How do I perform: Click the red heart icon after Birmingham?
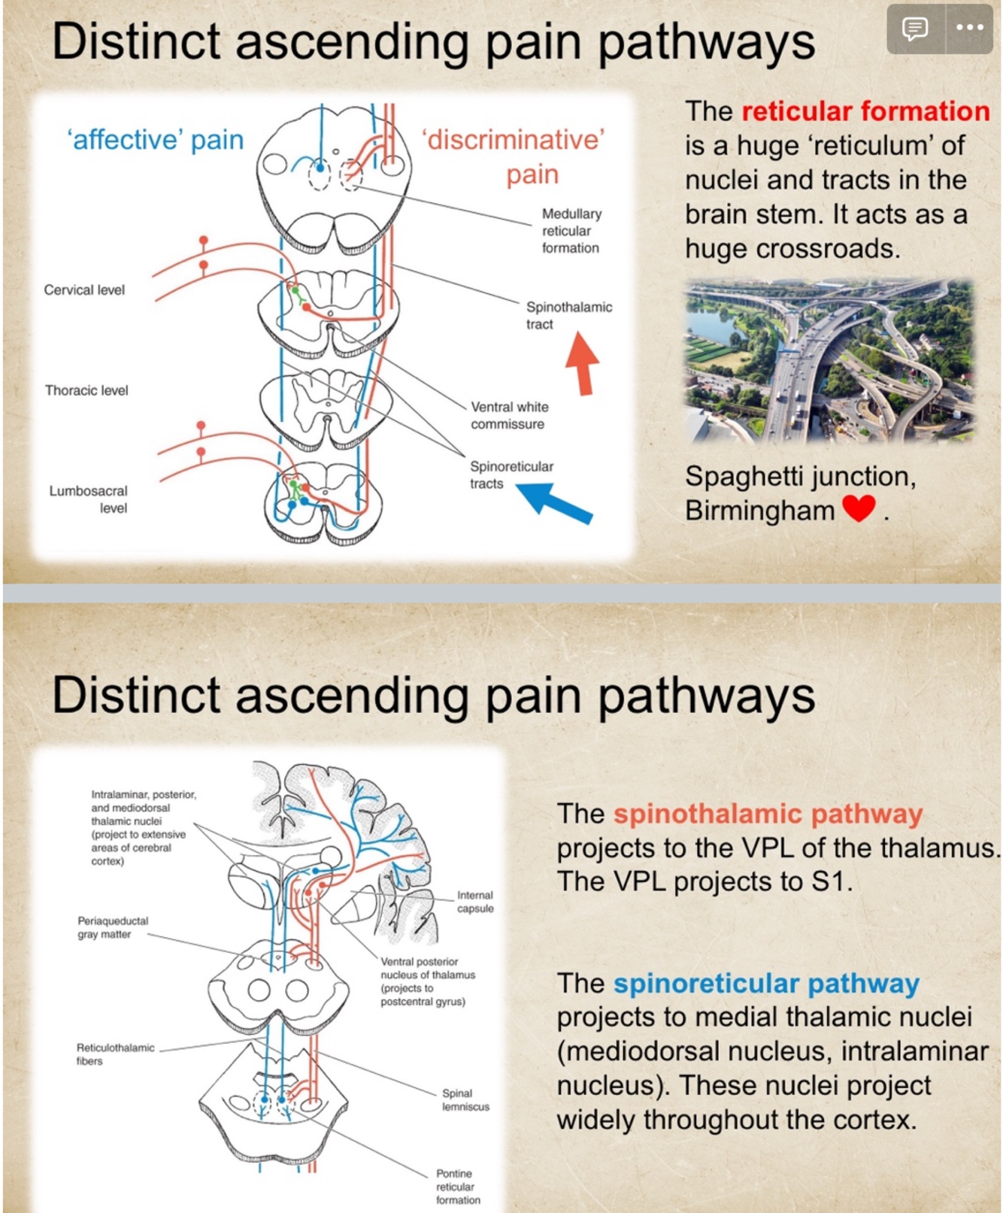pos(859,508)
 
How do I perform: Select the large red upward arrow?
pos(583,363)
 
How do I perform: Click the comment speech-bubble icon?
pos(915,29)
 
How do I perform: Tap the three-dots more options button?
pos(969,29)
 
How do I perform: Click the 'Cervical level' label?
pos(84,290)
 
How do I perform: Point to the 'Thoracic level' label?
pos(86,390)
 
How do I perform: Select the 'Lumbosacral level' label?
pos(89,499)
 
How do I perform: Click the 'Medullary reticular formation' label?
pos(571,231)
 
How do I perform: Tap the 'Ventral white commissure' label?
pos(509,415)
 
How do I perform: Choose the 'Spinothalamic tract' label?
pos(568,315)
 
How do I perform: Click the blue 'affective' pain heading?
pos(156,140)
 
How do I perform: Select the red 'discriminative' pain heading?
pos(514,156)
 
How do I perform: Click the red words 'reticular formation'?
pos(865,111)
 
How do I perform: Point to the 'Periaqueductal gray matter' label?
pos(113,927)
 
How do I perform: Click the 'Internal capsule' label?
pos(475,902)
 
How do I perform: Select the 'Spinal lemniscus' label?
pos(465,1099)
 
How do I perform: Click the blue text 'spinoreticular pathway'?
pos(766,983)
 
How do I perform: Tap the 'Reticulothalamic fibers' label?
pos(115,1054)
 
